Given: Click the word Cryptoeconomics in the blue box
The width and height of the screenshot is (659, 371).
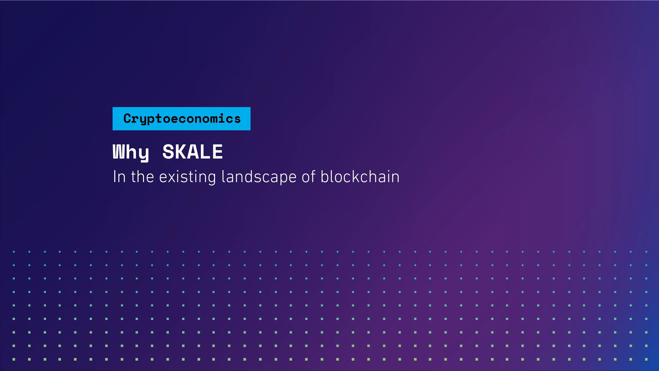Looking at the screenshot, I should point(182,119).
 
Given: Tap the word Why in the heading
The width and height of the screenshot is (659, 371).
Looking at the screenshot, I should point(131,152).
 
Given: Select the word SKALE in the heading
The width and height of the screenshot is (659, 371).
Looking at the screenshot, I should point(192,152).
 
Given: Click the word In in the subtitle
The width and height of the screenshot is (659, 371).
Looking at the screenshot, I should point(119,177).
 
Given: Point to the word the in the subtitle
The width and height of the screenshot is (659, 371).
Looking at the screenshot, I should point(143,177).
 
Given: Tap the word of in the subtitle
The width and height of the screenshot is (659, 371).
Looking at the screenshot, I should point(308,177).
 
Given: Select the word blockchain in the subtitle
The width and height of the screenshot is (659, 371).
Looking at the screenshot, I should point(360,177).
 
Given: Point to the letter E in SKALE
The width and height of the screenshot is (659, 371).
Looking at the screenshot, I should point(217,152).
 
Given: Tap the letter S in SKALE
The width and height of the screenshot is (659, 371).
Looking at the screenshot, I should point(168,152).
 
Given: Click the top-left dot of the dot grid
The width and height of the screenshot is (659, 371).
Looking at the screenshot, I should point(14,252).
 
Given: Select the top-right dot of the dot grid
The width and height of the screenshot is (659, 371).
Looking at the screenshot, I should point(646,252).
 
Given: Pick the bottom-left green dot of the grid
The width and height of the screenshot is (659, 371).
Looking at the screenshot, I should point(14,359).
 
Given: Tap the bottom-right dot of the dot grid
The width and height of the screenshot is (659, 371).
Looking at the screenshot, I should point(646,359).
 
